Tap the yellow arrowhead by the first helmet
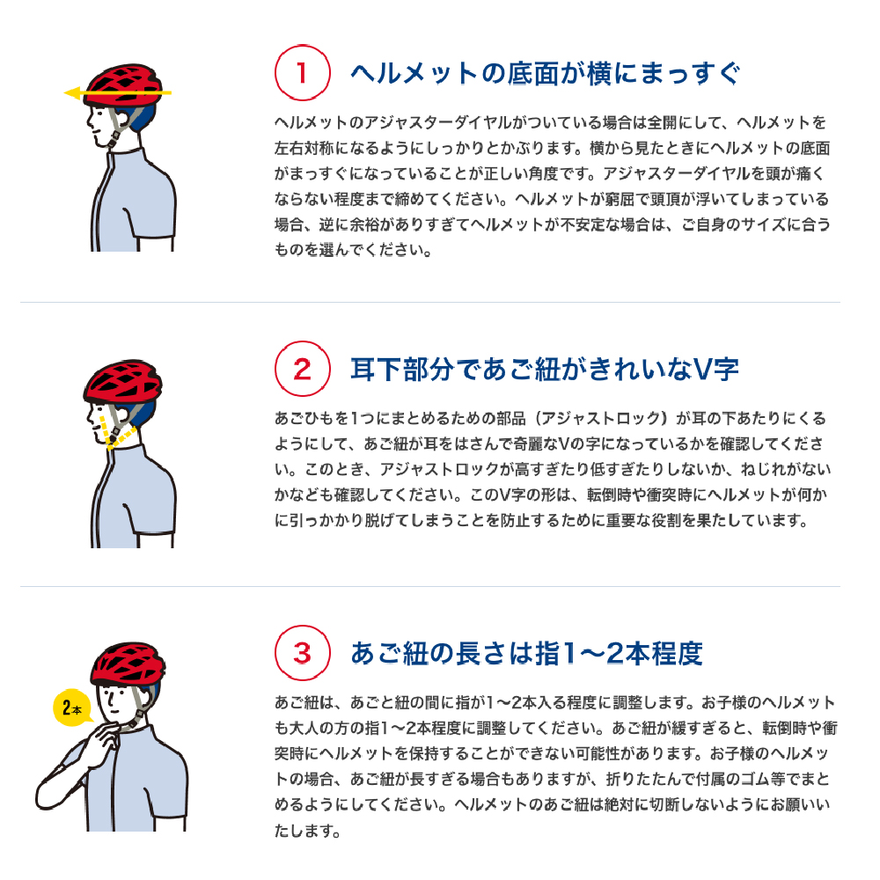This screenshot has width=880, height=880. click(x=72, y=93)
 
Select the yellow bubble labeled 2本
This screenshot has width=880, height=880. click(x=71, y=708)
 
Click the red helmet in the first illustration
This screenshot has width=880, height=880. click(x=123, y=84)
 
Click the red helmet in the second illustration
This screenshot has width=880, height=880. click(x=123, y=380)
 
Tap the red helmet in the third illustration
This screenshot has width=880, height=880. click(x=128, y=664)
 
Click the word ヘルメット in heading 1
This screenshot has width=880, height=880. click(x=414, y=74)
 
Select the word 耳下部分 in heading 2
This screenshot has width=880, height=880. click(x=402, y=370)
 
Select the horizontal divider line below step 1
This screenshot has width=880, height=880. click(x=430, y=303)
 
